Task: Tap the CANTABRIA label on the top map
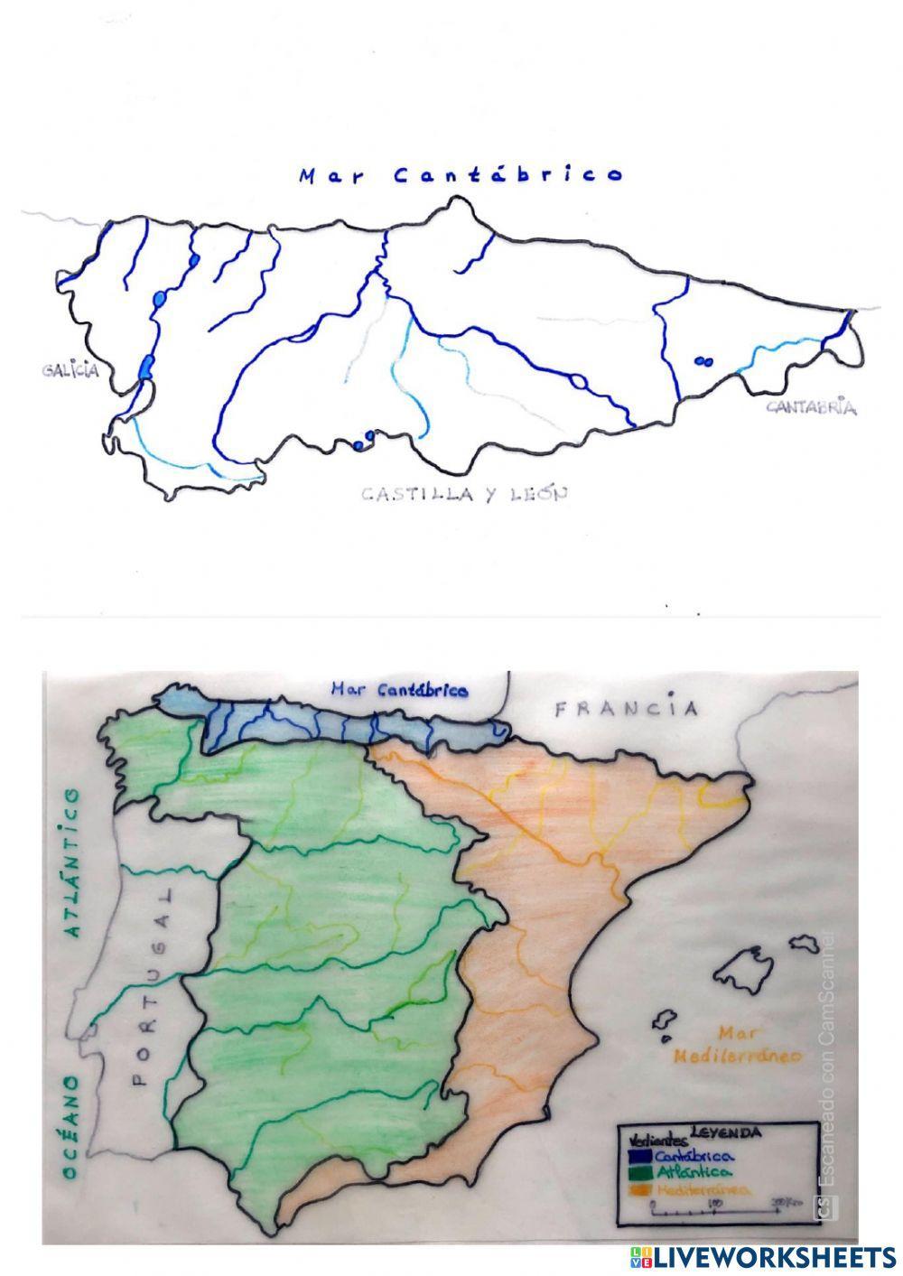(x=811, y=407)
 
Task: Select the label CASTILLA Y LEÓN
(x=464, y=494)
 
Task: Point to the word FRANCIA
(x=626, y=708)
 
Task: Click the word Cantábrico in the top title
(x=508, y=175)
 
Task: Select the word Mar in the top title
(x=331, y=176)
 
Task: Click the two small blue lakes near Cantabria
(x=703, y=361)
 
